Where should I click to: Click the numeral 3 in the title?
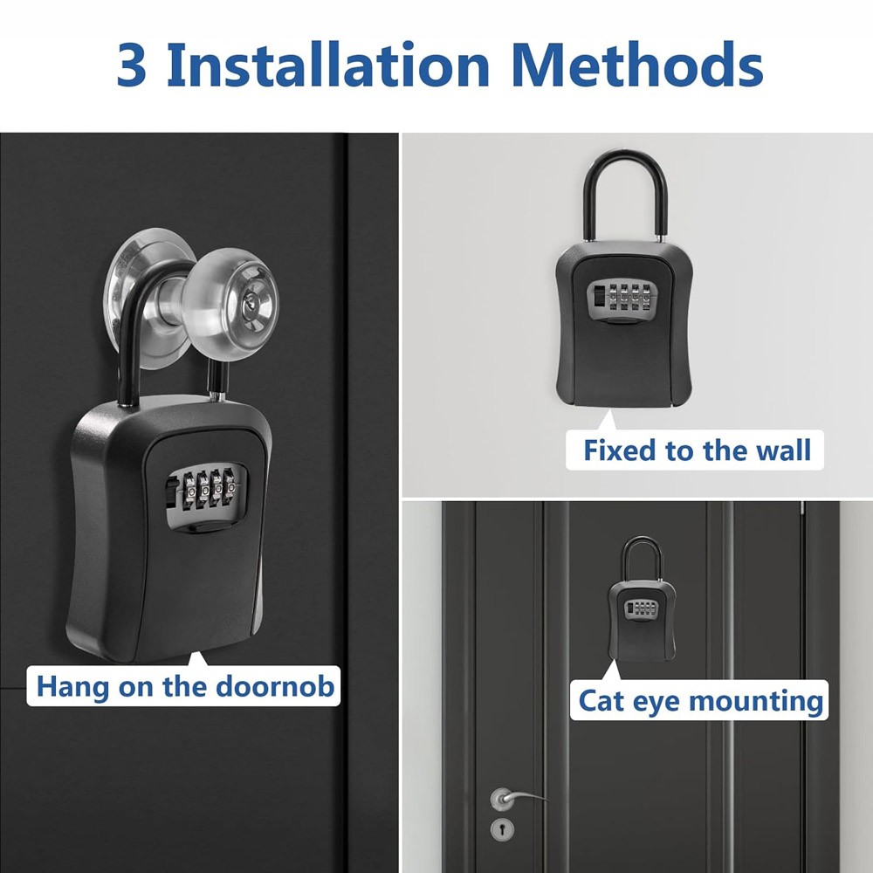coord(132,65)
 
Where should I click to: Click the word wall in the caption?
coord(782,450)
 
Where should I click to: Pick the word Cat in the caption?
coord(604,700)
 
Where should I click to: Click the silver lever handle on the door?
coord(515,796)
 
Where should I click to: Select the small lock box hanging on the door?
coord(642,615)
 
